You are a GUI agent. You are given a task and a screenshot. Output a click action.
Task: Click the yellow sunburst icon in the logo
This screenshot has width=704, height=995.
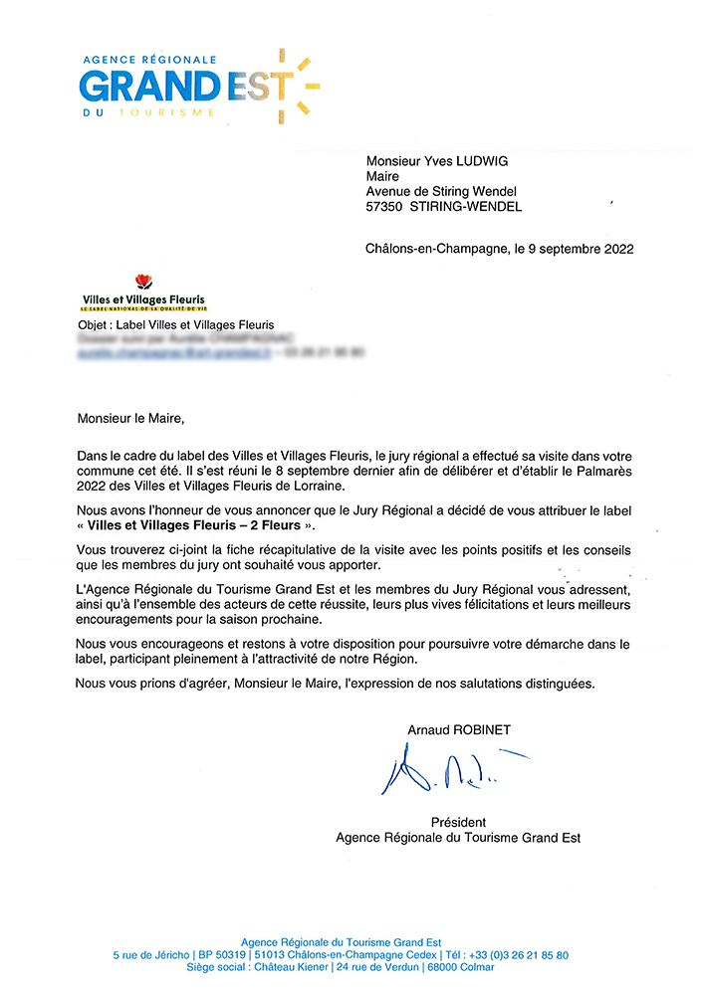tap(297, 85)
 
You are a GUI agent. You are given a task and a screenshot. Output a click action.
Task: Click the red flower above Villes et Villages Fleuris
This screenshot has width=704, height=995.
tap(142, 284)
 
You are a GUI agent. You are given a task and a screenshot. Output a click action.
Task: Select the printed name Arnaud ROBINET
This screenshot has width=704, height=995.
tap(458, 730)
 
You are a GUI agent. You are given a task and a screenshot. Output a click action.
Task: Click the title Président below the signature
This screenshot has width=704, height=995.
tap(458, 822)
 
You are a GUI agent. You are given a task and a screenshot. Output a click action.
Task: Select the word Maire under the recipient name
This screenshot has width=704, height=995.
tap(382, 177)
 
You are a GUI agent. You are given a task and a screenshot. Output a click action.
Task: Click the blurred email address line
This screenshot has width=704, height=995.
tap(175, 352)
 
